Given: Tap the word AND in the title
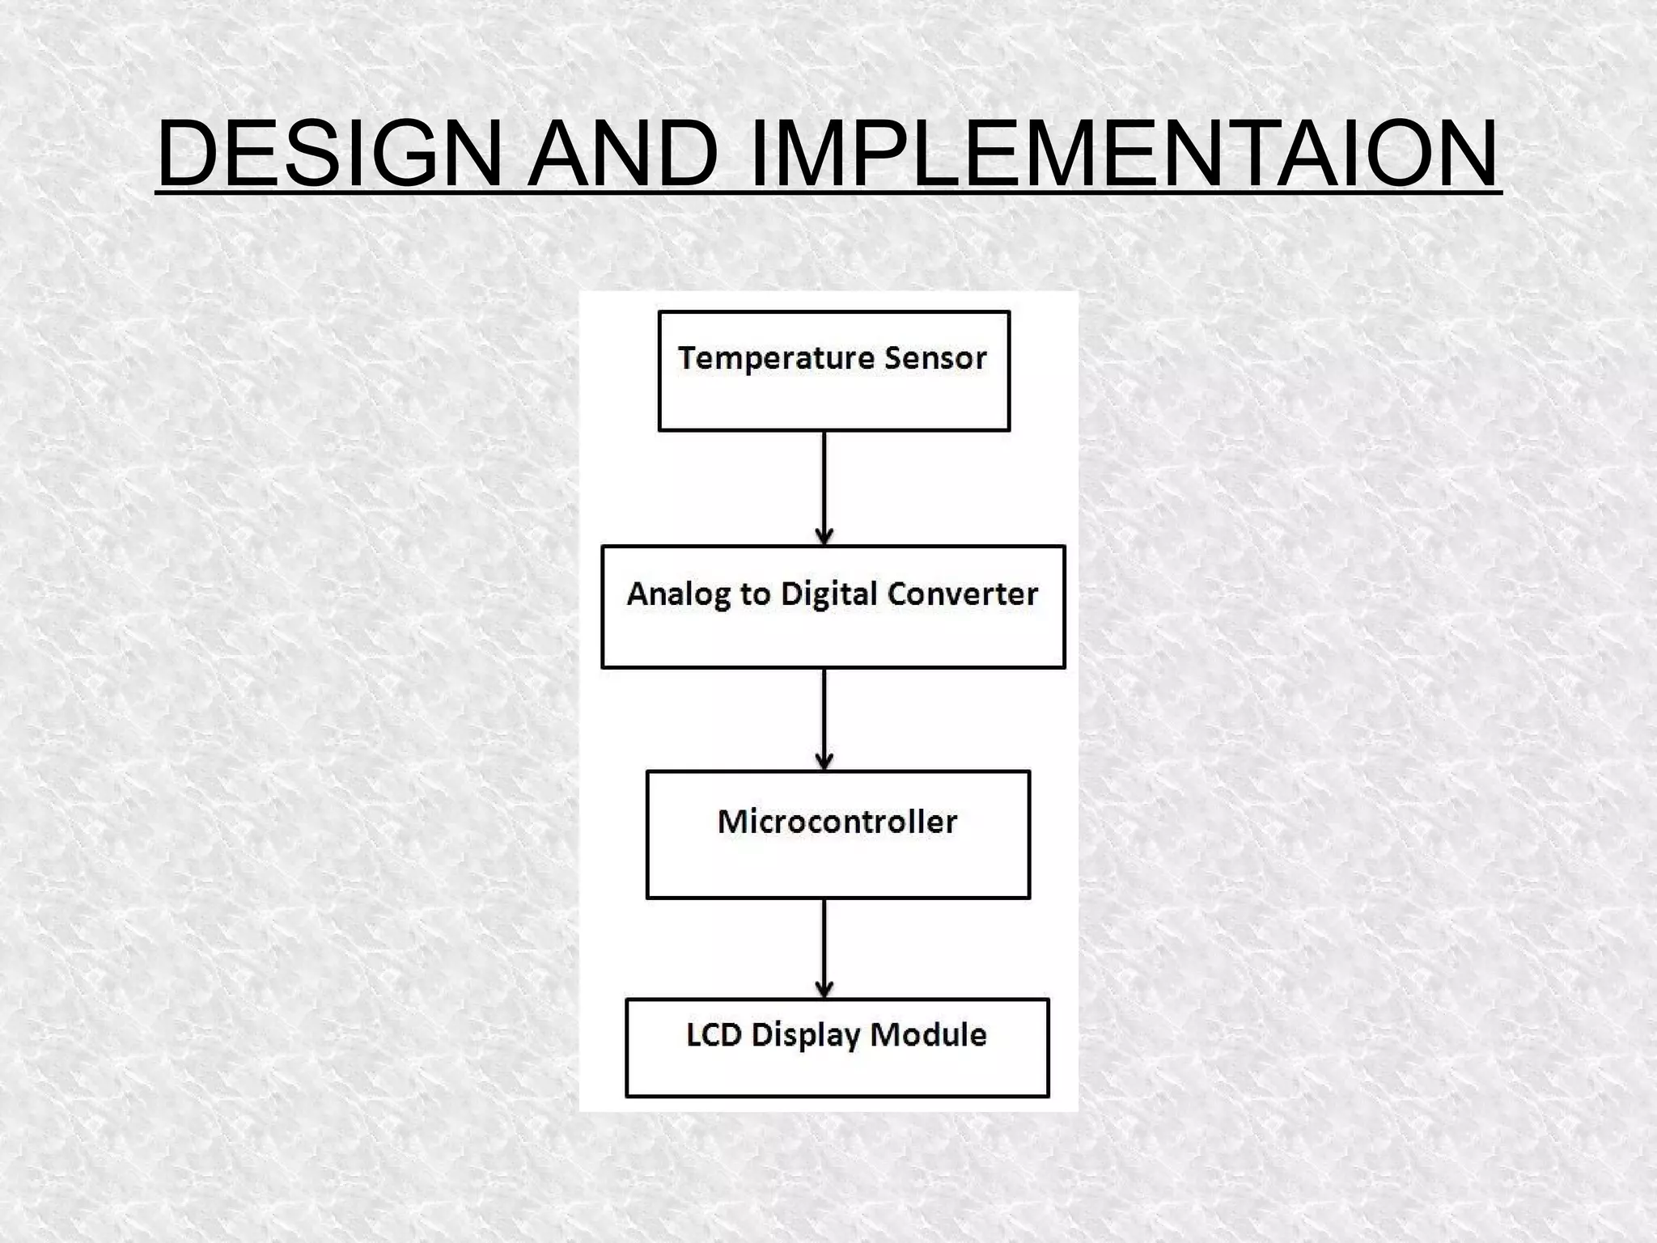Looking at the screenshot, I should pyautogui.click(x=623, y=154).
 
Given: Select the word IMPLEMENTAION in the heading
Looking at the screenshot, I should pyautogui.click(x=1125, y=154).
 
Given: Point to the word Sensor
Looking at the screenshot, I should pyautogui.click(x=935, y=358).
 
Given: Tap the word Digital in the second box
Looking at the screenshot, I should pyautogui.click(x=828, y=594).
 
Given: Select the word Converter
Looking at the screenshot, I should pyautogui.click(x=963, y=594).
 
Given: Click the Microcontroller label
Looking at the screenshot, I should pyautogui.click(x=837, y=822).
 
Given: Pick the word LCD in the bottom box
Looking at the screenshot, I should pyautogui.click(x=714, y=1035).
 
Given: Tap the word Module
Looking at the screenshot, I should pyautogui.click(x=928, y=1035).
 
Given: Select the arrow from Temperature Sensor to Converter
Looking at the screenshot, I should pyautogui.click(x=824, y=485).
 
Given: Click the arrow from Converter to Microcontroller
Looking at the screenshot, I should pyautogui.click(x=824, y=716).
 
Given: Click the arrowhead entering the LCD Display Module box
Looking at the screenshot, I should pyautogui.click(x=824, y=990).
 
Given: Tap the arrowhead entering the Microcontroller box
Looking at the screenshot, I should pyautogui.click(x=824, y=761).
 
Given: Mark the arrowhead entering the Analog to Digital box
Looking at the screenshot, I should pyautogui.click(x=824, y=536).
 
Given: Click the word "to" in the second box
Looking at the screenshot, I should pyautogui.click(x=755, y=595).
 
